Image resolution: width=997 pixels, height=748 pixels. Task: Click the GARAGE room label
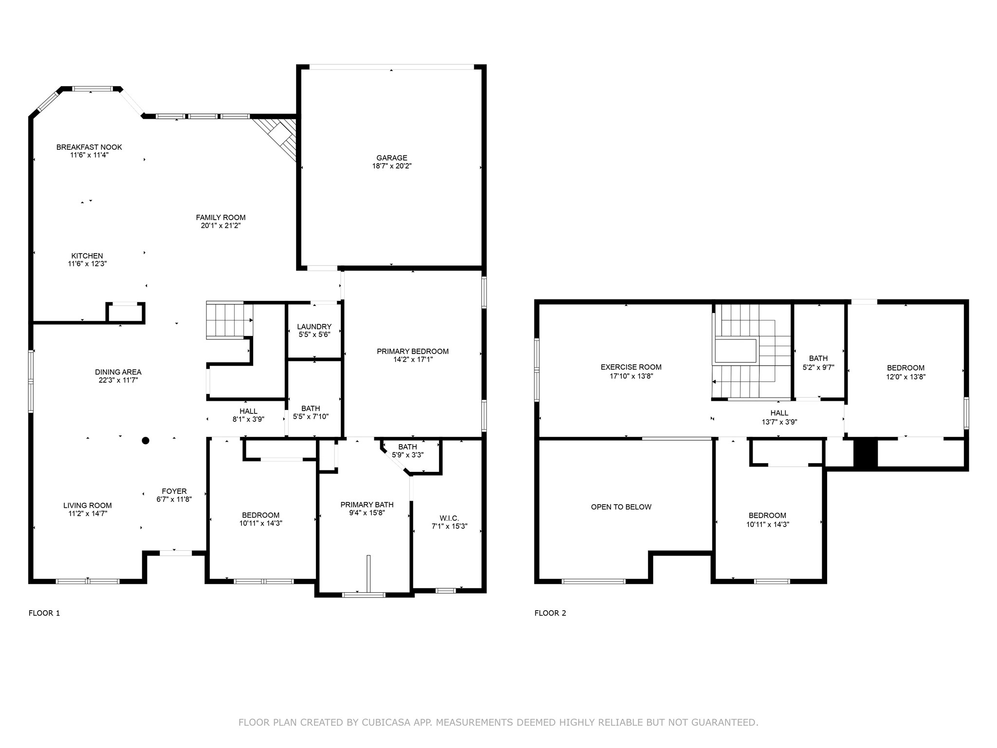click(391, 158)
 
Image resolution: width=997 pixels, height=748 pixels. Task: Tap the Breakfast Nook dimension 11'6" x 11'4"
click(89, 155)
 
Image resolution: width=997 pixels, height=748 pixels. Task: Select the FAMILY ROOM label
click(221, 218)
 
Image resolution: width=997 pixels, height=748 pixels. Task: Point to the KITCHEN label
click(87, 256)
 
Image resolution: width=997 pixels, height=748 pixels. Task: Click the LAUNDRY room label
click(314, 327)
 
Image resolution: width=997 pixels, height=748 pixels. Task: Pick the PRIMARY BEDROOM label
click(412, 351)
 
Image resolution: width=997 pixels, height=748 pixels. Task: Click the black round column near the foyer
click(145, 441)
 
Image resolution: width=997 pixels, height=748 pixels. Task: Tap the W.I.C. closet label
click(449, 518)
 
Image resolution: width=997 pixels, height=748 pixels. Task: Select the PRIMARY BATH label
click(367, 505)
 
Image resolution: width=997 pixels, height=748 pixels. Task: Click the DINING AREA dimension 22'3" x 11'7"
click(118, 380)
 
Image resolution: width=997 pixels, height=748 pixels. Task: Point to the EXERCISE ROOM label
click(631, 367)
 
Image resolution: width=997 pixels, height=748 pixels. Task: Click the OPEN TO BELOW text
click(621, 507)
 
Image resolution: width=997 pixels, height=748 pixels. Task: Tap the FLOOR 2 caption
click(550, 613)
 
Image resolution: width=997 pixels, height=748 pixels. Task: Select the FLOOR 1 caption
click(44, 613)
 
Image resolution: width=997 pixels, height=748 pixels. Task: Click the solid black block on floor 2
click(866, 453)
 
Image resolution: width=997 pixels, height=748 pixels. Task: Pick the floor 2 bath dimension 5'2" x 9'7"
click(818, 368)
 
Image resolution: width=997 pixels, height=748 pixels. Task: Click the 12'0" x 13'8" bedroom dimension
click(905, 376)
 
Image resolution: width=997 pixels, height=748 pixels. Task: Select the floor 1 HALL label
click(248, 411)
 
